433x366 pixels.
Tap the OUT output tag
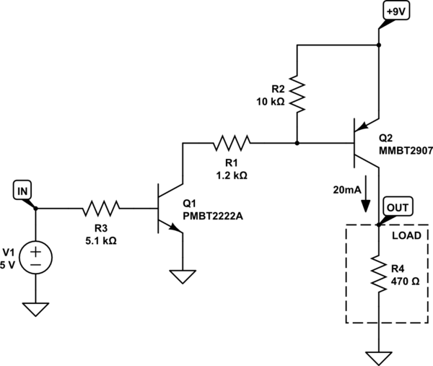click(397, 208)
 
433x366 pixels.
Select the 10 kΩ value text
click(271, 101)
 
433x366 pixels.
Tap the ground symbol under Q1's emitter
click(183, 276)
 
